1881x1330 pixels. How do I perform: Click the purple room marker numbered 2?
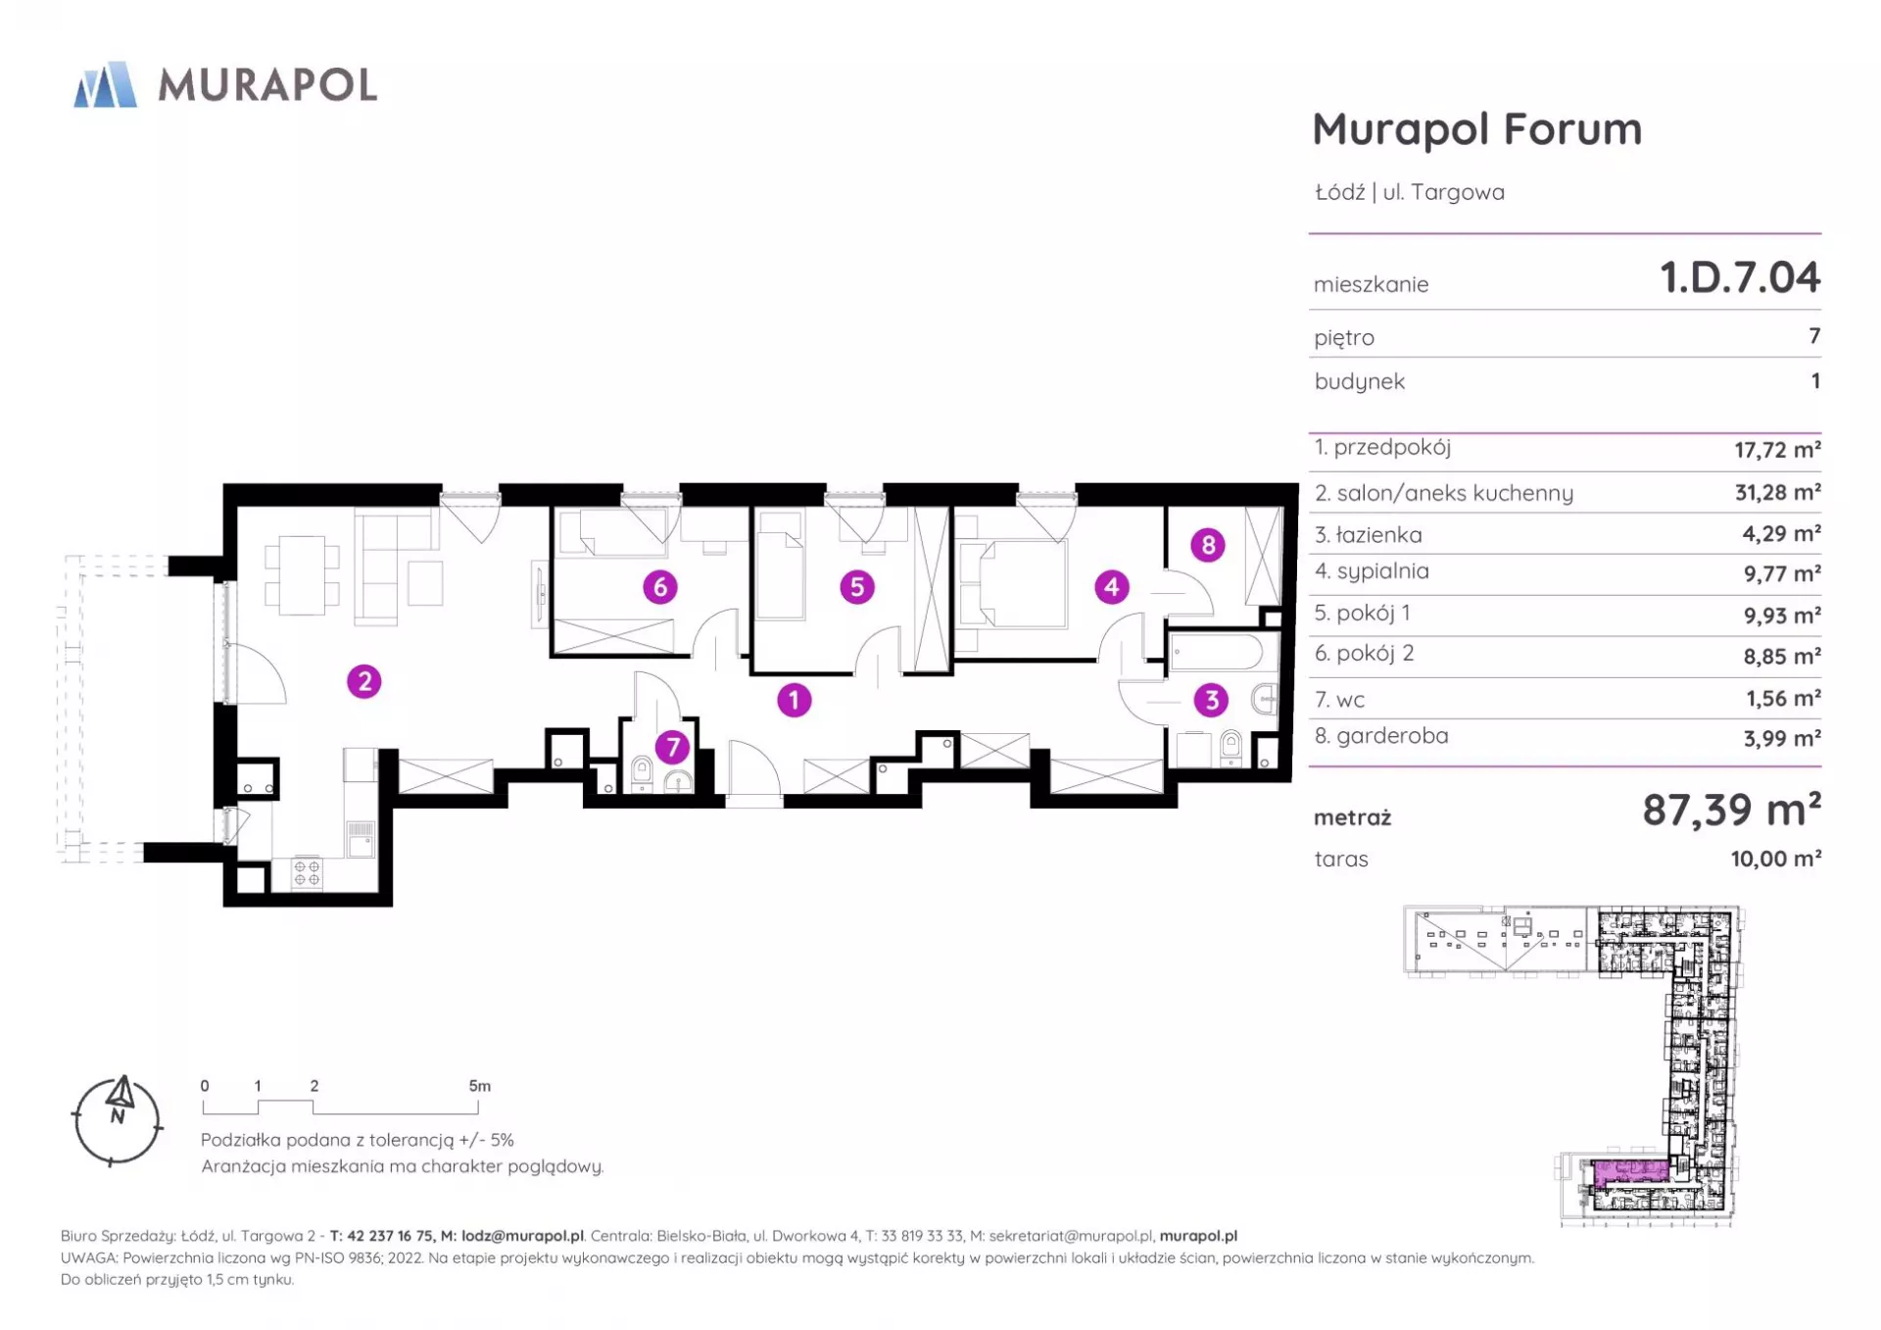point(364,681)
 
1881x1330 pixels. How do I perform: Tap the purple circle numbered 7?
point(672,747)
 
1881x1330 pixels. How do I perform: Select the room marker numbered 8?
point(1208,545)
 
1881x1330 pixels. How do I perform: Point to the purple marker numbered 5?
point(857,587)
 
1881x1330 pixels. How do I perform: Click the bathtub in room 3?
point(1216,652)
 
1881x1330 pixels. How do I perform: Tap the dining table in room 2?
point(302,574)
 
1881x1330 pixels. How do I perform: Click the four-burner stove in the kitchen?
point(308,873)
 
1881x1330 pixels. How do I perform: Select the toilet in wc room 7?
point(643,771)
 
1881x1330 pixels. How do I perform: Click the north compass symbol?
point(118,1120)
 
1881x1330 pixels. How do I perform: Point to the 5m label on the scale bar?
point(479,1086)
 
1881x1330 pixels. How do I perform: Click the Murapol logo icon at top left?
point(105,84)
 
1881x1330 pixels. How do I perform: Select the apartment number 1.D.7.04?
point(1740,277)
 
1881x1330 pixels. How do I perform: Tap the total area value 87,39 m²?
point(1731,810)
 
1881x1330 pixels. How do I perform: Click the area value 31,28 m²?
point(1777,492)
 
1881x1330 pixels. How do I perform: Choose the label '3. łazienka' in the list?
point(1368,534)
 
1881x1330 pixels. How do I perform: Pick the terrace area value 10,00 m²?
point(1775,859)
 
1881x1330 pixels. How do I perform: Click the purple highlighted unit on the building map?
point(1630,1171)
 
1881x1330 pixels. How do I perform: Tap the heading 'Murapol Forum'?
point(1476,128)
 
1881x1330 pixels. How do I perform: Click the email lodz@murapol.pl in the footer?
point(522,1236)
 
